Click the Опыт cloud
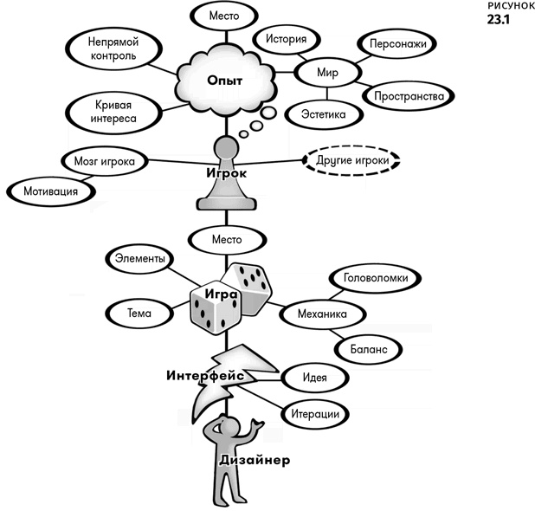coord(224,81)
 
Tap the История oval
coord(284,40)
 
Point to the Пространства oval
coord(409,95)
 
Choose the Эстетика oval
coord(323,113)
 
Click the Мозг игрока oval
coord(103,161)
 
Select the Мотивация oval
coord(48,191)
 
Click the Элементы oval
coord(140,258)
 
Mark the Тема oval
coord(139,313)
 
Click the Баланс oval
coord(367,347)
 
